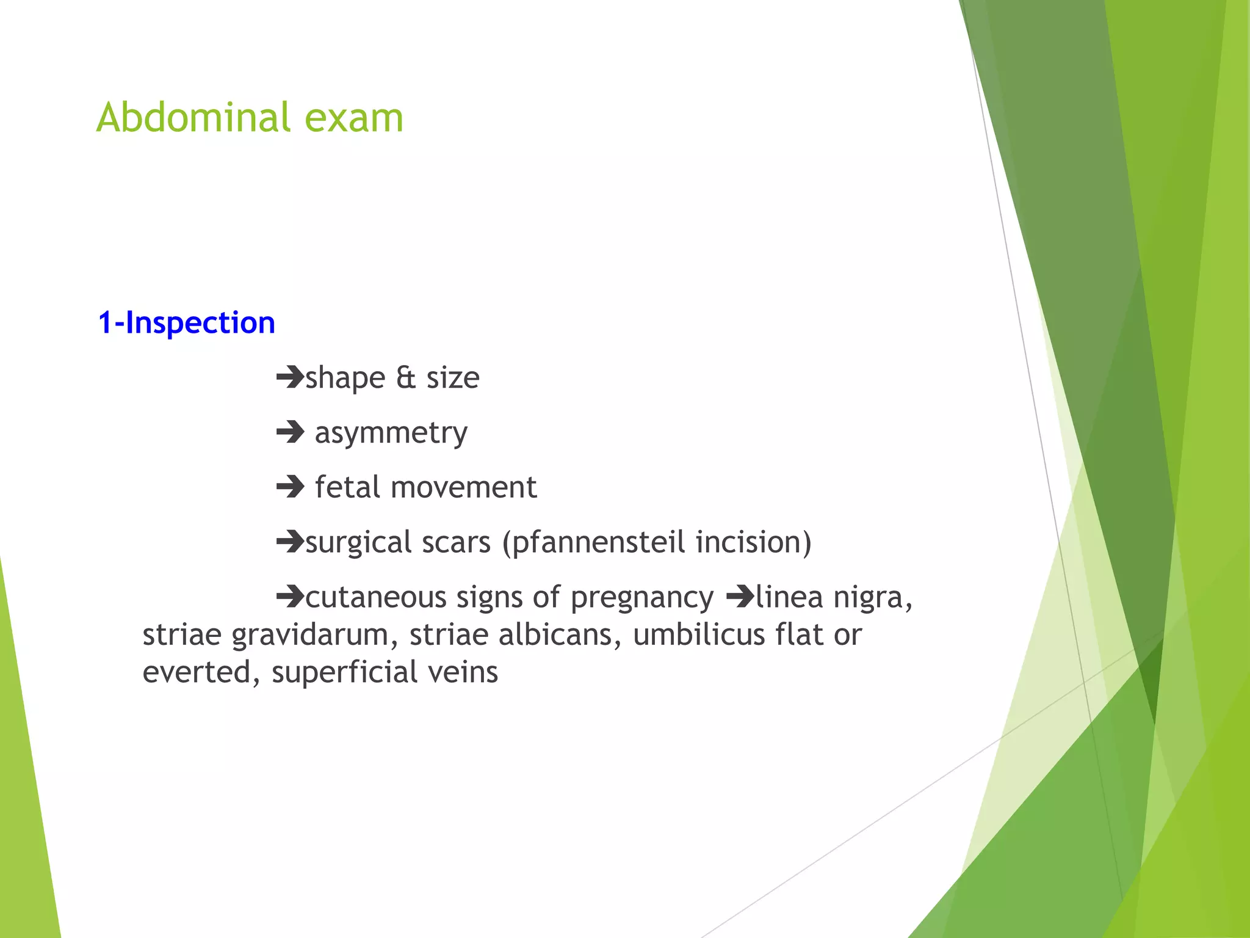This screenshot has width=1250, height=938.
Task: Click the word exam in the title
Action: pyautogui.click(x=353, y=118)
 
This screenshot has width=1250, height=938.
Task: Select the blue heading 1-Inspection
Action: pyautogui.click(x=186, y=322)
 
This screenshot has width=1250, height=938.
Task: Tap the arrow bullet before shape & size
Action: pyautogui.click(x=290, y=377)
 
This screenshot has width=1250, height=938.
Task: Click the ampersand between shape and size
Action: pyautogui.click(x=406, y=377)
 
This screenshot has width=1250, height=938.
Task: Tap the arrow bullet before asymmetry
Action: pyautogui.click(x=290, y=432)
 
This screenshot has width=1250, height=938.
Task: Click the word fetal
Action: pyautogui.click(x=347, y=487)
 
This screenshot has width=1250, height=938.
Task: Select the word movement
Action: pyautogui.click(x=463, y=488)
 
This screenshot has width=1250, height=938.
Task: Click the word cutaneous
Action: pyautogui.click(x=375, y=597)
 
